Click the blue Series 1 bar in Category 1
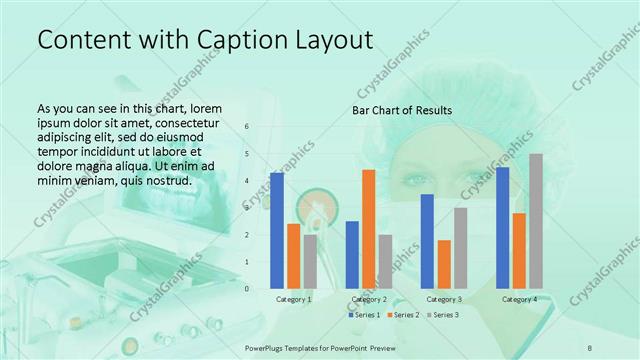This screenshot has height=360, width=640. tap(277, 231)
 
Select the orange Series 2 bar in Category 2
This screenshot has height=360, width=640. tap(368, 229)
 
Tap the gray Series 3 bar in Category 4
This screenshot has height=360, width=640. tap(536, 221)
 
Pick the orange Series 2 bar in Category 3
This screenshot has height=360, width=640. tap(444, 264)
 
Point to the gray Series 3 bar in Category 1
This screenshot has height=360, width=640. tap(310, 261)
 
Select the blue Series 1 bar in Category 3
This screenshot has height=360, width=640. tap(427, 241)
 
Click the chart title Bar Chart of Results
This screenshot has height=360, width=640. tap(401, 110)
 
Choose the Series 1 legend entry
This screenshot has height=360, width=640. tap(364, 315)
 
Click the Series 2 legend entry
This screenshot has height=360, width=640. tap(402, 315)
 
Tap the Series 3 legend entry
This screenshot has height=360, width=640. tap(440, 315)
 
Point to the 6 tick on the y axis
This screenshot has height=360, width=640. tap(247, 127)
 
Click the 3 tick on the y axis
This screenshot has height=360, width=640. tap(247, 208)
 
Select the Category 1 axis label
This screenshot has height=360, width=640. tap(293, 299)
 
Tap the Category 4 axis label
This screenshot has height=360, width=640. tap(519, 299)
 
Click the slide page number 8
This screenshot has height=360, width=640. tap(591, 346)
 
